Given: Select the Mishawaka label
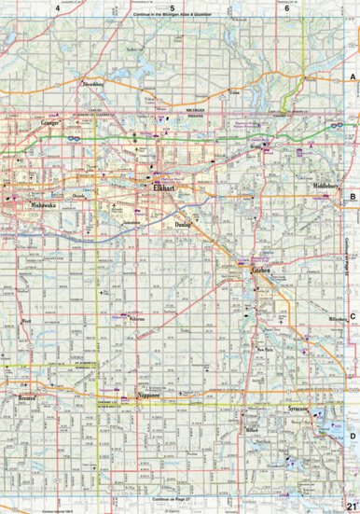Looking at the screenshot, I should coord(42,203).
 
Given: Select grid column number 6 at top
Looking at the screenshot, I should coord(286,7).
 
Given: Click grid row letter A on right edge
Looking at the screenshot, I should coord(353,78).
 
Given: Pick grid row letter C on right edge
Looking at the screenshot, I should coord(353,316).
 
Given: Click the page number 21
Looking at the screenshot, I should coord(350,506).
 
